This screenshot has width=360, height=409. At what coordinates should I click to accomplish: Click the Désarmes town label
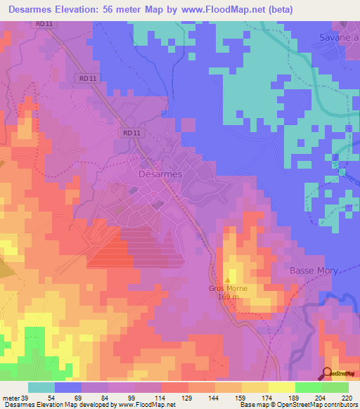tap(160, 174)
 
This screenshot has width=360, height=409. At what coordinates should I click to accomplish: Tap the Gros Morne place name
tap(227, 288)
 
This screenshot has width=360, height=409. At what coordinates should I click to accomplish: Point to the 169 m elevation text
tap(227, 297)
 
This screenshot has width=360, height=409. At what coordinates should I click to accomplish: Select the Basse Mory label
tap(314, 271)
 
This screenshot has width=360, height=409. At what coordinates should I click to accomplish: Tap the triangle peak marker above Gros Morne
tap(227, 280)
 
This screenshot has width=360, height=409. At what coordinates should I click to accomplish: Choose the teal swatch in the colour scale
tap(41, 387)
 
